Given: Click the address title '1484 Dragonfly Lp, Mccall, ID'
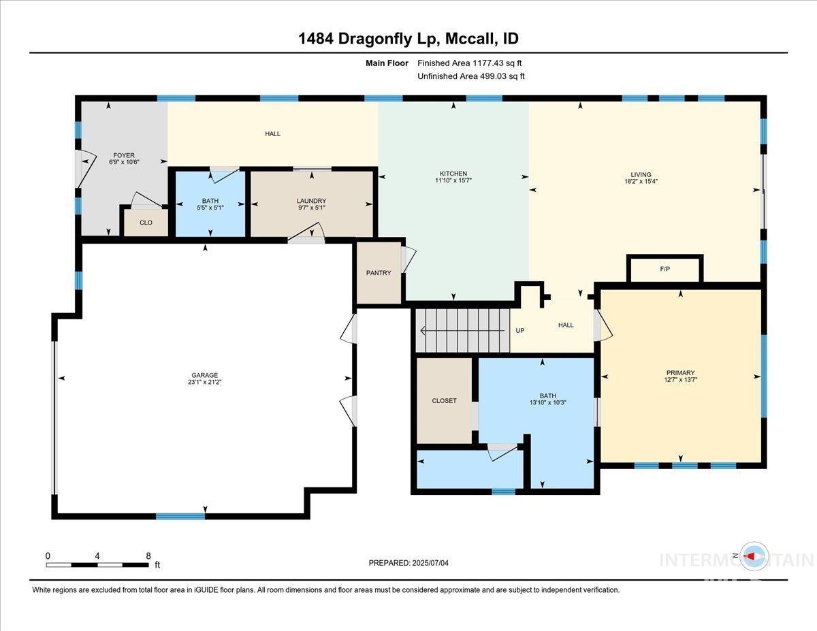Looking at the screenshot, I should tap(408, 39).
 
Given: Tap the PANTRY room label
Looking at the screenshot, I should tap(379, 273).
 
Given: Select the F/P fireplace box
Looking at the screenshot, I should tap(664, 269).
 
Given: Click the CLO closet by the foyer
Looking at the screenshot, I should tap(146, 223).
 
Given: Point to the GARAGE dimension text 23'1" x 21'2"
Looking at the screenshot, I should tap(204, 383).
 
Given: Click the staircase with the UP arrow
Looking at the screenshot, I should tap(463, 331).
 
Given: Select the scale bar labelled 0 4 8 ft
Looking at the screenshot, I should tap(97, 564).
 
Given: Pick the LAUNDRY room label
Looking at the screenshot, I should tap(311, 201).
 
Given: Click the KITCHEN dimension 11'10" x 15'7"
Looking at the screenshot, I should tap(453, 181).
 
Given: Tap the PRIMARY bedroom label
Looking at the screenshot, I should tap(680, 372).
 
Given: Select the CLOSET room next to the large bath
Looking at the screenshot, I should tap(444, 401).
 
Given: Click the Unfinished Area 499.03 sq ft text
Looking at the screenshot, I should tap(470, 76).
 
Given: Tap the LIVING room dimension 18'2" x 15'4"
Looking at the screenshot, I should tap(641, 182).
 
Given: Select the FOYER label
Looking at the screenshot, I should tap(123, 155).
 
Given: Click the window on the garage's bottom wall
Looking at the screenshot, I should tap(180, 516).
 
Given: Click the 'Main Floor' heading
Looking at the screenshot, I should tap(387, 63).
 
